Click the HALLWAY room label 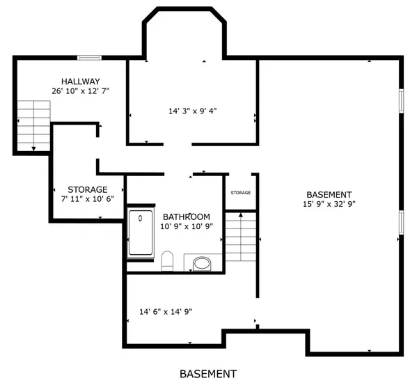(81, 81)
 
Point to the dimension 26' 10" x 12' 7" (81, 91)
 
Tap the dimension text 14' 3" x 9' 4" (193, 111)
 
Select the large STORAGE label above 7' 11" (88, 189)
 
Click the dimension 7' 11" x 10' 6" (88, 199)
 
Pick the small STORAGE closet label (241, 192)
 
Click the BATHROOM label (187, 217)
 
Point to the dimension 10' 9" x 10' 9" (187, 226)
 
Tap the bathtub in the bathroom (141, 233)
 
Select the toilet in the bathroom (167, 261)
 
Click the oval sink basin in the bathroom (202, 264)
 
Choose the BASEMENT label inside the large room (329, 195)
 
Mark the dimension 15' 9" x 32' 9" (329, 204)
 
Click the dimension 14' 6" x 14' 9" (166, 312)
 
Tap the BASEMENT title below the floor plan (208, 374)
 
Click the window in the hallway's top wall (89, 58)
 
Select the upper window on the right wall (401, 101)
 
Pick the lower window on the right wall (401, 222)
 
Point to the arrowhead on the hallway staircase (34, 148)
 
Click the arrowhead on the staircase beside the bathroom (241, 214)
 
